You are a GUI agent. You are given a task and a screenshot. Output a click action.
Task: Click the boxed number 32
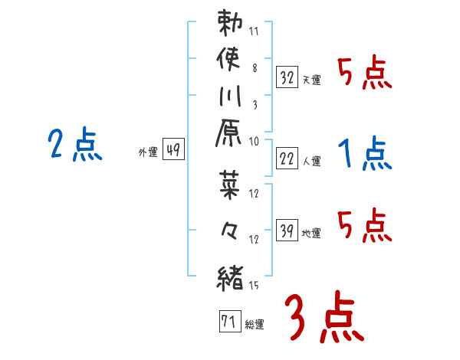(287, 77)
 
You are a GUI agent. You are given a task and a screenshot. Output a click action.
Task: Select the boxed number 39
(287, 230)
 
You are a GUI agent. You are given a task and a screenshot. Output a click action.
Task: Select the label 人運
(311, 161)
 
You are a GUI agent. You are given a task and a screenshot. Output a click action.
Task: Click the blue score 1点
(364, 154)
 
